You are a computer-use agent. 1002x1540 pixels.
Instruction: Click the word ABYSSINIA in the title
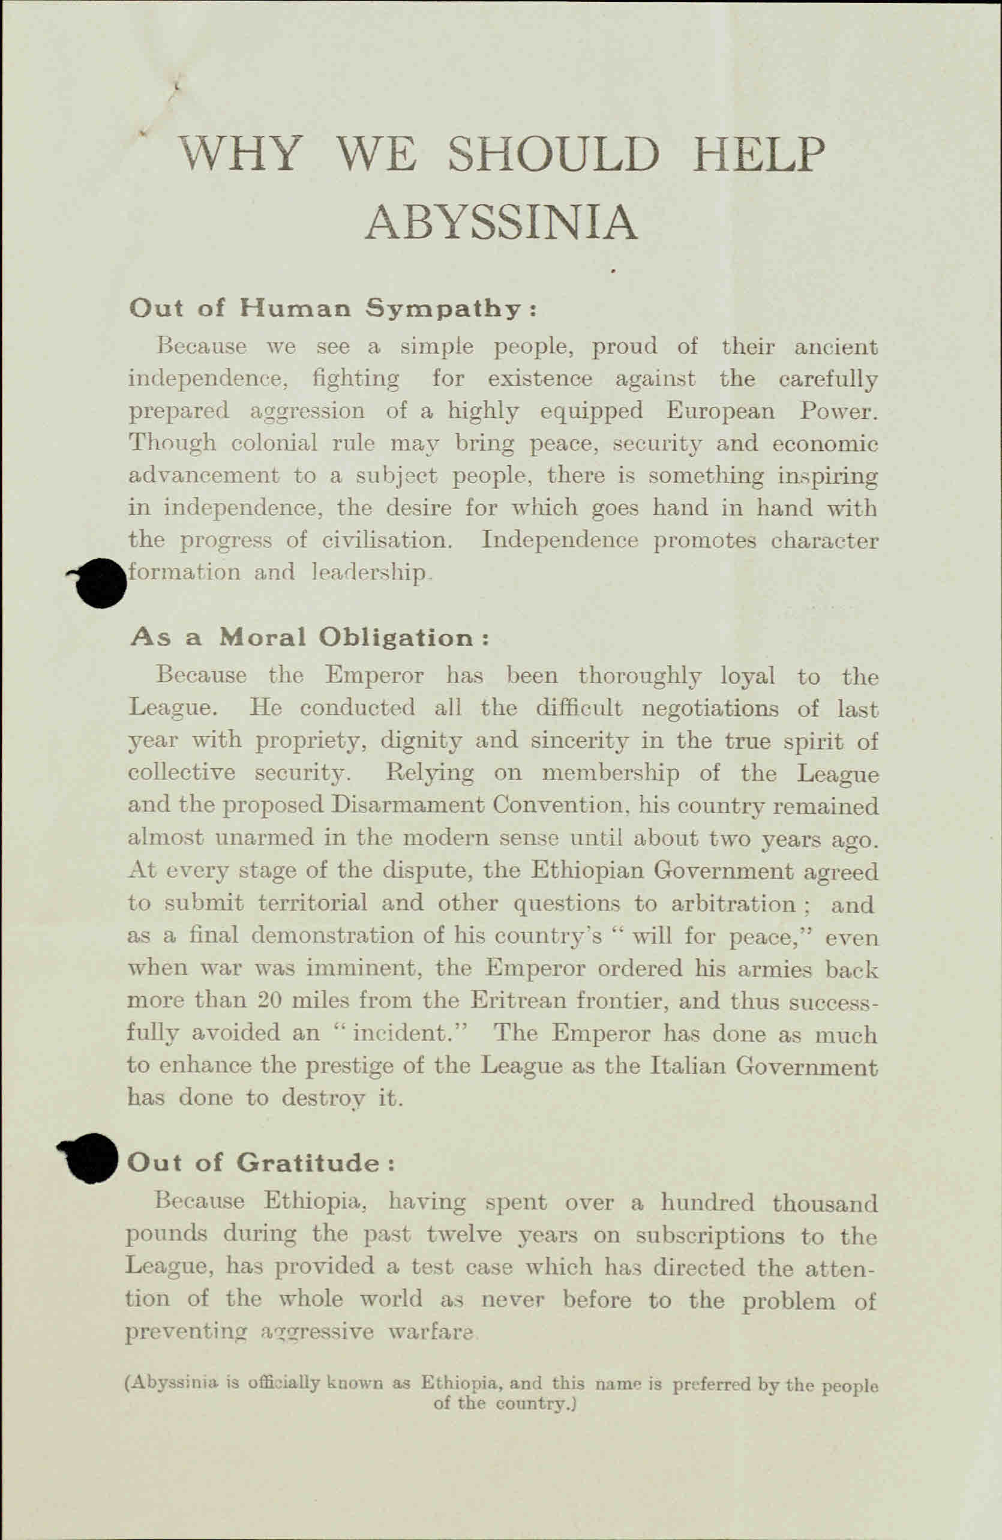(502, 221)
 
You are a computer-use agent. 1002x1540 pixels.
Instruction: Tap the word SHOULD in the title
(555, 154)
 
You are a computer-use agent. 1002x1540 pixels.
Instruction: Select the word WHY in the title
(241, 154)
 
